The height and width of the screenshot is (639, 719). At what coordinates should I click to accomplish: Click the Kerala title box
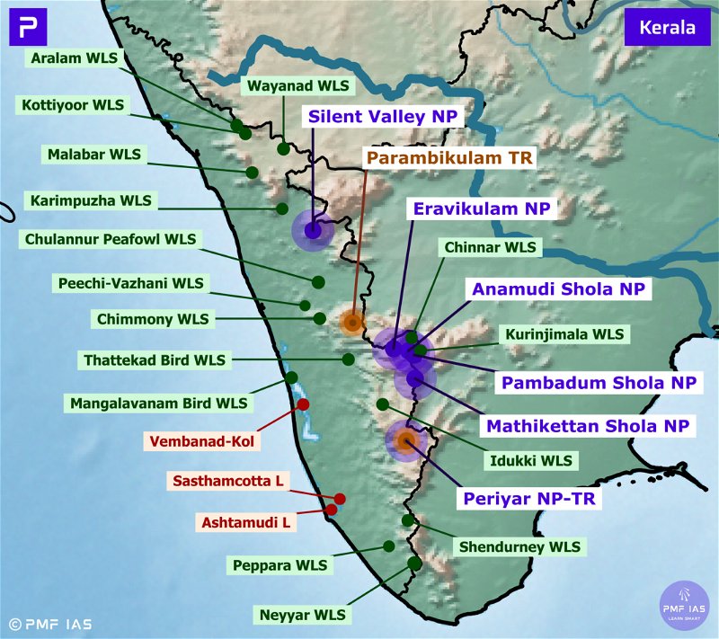point(667,27)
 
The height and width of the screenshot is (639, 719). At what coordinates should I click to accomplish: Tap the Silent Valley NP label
point(384,117)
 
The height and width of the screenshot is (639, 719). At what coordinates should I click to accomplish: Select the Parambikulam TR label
point(449,157)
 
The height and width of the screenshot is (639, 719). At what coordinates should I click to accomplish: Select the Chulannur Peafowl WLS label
point(110,240)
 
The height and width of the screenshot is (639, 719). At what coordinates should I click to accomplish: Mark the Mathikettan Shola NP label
point(587,425)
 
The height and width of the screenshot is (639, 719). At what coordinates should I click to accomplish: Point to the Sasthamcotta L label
point(228,482)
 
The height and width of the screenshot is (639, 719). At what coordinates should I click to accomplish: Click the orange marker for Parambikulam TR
point(352,321)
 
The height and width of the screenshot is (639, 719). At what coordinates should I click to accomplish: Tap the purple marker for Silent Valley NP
point(313,231)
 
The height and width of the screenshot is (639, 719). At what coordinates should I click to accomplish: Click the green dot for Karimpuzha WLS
point(282,209)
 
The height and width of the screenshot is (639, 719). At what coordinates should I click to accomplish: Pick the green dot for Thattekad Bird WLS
point(348,359)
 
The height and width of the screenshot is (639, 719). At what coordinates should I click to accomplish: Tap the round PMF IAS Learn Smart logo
point(686,606)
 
